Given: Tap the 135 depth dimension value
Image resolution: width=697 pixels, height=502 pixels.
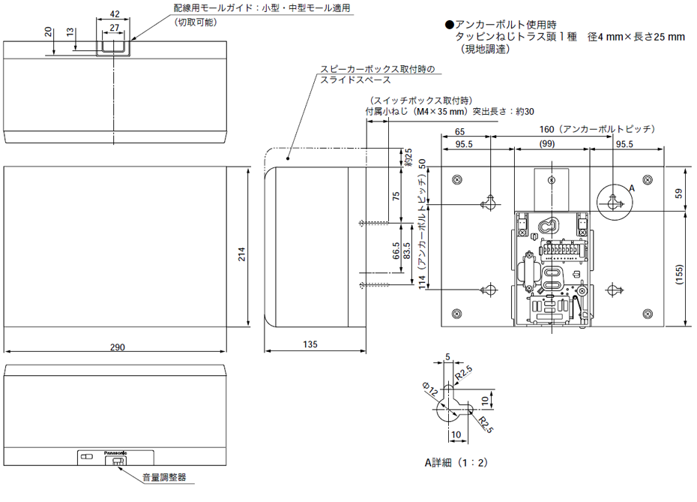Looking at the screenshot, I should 310,345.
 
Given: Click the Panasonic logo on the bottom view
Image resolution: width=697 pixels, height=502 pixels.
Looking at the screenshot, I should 115,453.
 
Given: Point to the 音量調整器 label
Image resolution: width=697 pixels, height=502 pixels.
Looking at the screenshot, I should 164,477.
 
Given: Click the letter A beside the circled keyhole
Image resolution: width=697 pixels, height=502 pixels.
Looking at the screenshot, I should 632,188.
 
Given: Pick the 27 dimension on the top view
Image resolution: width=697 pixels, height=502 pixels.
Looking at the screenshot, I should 114,28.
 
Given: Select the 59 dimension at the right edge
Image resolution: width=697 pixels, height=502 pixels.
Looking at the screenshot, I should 678,194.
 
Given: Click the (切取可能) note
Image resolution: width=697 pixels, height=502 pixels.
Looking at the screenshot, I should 196,23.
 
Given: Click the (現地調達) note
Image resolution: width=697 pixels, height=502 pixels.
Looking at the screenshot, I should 484,50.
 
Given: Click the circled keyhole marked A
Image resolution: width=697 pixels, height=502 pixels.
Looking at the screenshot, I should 613,200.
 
